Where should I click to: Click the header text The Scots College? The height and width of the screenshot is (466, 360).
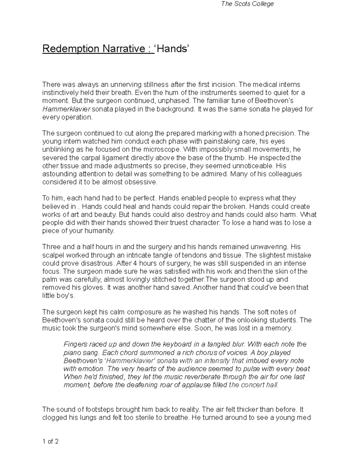point(247,4)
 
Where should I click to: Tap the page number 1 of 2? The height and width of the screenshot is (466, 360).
point(50,441)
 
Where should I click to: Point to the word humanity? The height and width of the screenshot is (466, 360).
point(99,231)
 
